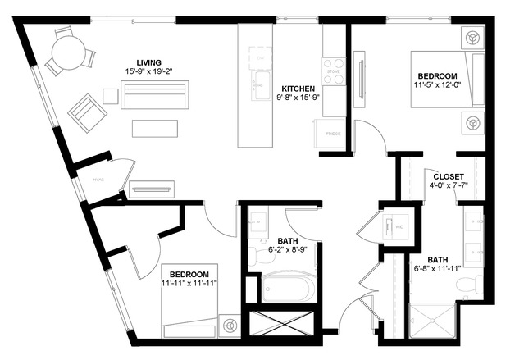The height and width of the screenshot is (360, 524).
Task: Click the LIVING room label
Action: (x=148, y=62)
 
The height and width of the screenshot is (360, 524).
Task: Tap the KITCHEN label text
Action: (x=299, y=89)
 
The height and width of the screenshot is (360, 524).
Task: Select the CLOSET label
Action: (x=449, y=176)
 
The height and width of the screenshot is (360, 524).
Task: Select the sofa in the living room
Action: (x=156, y=94)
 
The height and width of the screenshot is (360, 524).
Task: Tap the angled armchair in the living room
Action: (x=86, y=111)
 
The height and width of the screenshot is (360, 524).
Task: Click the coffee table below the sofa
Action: (x=154, y=128)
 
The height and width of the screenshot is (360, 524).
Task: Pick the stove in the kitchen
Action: (x=333, y=70)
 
